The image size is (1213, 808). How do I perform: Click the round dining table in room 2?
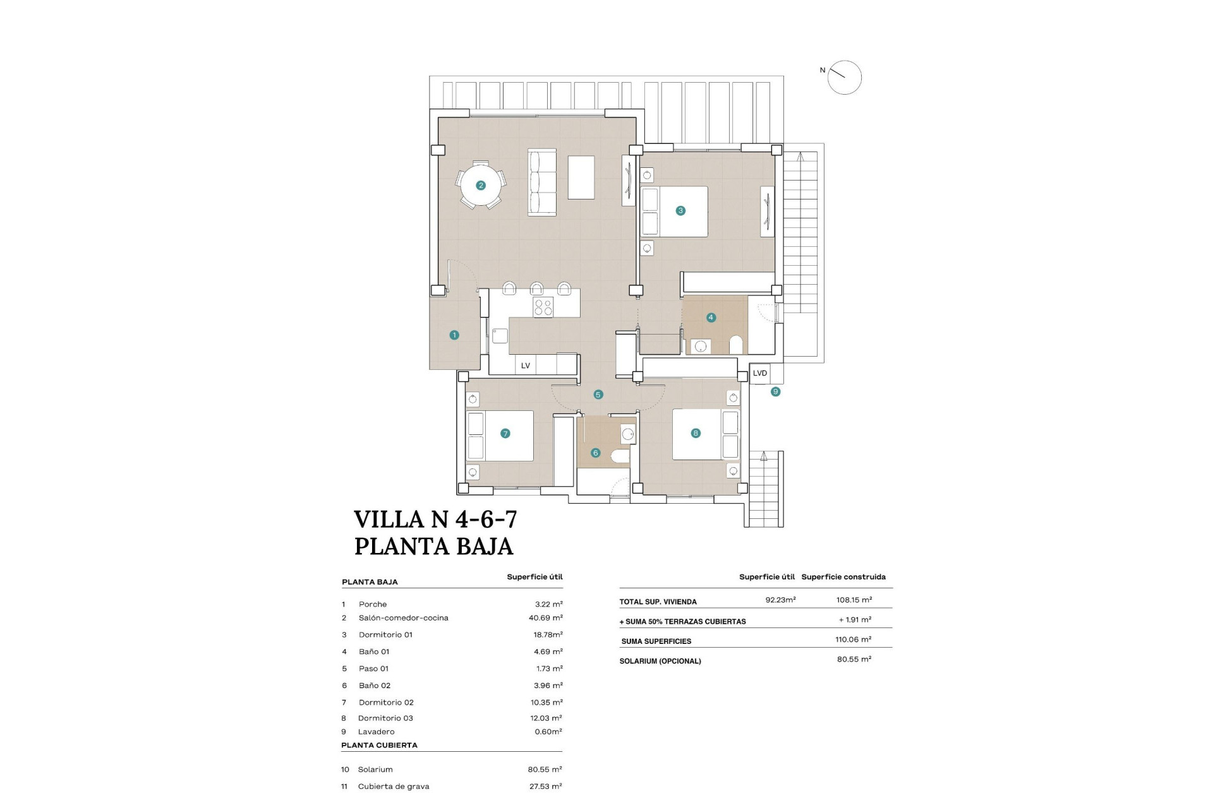[x=481, y=185]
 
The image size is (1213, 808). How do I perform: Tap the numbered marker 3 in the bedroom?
[x=680, y=211]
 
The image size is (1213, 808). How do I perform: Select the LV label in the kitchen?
[x=526, y=365]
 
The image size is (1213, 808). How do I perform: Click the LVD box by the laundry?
[x=760, y=373]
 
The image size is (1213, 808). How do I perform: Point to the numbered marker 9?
[x=775, y=392]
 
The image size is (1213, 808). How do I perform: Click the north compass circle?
[x=845, y=78]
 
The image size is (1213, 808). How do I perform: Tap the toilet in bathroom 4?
[x=735, y=345]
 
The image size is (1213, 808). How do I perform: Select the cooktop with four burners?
[x=543, y=307]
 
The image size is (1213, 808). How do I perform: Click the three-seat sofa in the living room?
[x=542, y=183]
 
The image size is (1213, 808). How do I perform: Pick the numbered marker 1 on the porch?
[x=454, y=335]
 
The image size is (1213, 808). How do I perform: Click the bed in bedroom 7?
[x=500, y=436]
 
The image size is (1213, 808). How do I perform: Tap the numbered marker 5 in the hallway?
[x=598, y=395]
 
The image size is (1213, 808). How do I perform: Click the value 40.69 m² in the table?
[x=546, y=618]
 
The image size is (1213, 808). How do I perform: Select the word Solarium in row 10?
[x=375, y=769]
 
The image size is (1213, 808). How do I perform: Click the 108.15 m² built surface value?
[x=854, y=600]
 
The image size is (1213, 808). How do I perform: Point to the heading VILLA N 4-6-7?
[x=435, y=520]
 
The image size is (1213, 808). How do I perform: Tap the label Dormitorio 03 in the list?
[x=385, y=718]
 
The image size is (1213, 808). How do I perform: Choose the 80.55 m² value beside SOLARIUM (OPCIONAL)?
[x=854, y=659]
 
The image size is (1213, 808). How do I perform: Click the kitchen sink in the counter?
[x=500, y=335]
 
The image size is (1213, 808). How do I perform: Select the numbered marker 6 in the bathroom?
[x=595, y=453]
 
